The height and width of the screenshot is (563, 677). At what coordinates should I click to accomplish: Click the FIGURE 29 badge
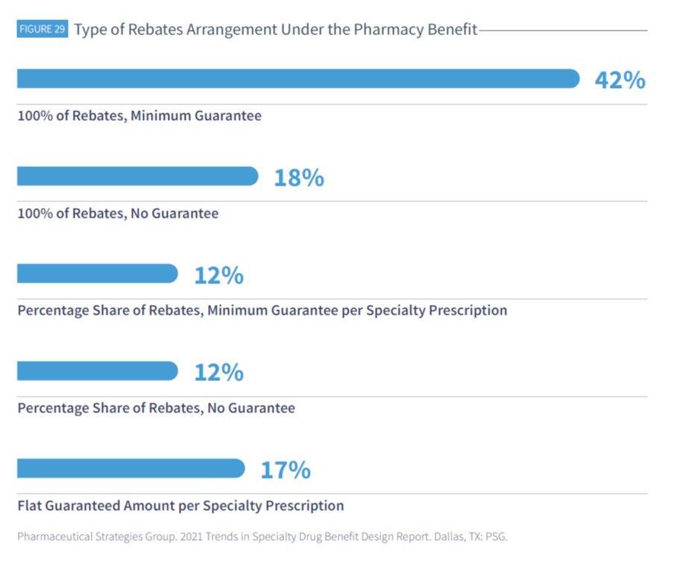[42, 31]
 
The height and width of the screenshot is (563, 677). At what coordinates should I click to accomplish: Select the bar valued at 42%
[298, 79]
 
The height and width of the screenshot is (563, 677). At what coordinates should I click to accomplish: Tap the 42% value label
[620, 80]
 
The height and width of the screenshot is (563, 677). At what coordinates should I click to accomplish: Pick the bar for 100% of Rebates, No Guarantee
[137, 177]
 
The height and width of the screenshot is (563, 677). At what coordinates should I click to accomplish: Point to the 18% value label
[298, 177]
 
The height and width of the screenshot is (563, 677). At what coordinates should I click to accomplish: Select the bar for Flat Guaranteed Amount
[130, 468]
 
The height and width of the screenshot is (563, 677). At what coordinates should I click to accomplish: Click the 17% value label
[285, 470]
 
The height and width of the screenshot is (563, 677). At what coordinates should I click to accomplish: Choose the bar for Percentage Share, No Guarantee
[97, 371]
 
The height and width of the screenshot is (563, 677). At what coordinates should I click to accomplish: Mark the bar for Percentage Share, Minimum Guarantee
[97, 274]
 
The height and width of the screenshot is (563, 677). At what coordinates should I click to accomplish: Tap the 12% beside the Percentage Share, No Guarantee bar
[218, 372]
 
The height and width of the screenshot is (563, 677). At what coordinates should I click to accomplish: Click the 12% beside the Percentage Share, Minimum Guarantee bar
[218, 275]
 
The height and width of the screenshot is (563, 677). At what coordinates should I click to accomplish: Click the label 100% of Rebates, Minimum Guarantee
[139, 116]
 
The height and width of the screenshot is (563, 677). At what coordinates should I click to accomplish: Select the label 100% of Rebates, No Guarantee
[118, 213]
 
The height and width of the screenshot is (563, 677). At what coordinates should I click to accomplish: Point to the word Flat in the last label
[30, 506]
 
